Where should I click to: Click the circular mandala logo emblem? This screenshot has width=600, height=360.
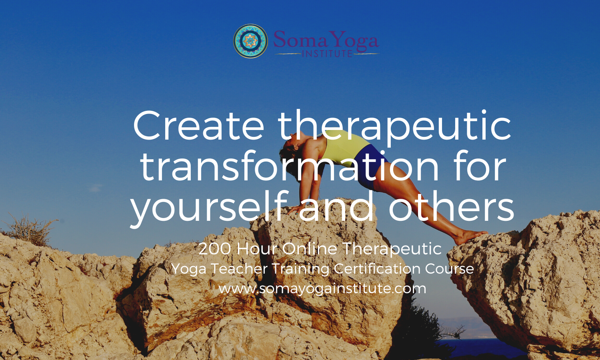click(x=250, y=41)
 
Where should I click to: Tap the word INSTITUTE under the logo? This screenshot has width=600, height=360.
click(x=327, y=54)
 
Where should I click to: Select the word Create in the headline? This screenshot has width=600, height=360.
click(x=199, y=126)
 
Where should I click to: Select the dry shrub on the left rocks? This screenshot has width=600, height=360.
click(x=30, y=230)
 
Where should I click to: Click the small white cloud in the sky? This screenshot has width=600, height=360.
click(x=96, y=188)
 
